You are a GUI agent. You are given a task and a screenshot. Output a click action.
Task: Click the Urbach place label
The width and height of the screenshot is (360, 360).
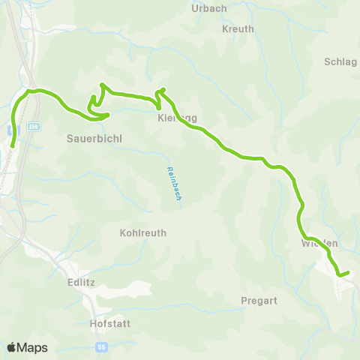209,8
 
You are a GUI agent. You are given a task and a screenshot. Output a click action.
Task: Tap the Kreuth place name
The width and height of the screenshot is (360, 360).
238,29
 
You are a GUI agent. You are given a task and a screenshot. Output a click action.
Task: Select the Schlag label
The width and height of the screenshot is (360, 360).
341,62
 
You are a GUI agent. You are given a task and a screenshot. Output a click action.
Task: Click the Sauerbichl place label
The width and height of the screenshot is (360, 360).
94,139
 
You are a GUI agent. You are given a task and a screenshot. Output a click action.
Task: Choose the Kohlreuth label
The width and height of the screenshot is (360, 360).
142,233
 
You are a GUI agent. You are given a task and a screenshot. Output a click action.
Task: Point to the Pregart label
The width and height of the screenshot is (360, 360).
259,301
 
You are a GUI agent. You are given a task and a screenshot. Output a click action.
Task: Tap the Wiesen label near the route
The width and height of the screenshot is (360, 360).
319,244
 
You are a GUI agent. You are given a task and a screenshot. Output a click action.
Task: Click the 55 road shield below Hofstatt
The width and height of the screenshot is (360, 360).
102,347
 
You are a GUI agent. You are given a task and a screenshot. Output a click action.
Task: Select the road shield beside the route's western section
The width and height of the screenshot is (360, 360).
33,127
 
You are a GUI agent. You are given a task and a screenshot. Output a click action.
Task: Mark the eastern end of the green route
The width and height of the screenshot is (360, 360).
348,273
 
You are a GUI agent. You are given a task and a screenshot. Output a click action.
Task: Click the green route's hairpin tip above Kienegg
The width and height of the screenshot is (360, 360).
160,91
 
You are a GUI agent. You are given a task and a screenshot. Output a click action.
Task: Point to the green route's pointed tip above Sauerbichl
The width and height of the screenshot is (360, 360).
101,85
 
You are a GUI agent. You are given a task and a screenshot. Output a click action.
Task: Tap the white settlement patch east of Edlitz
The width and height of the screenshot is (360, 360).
139,288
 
